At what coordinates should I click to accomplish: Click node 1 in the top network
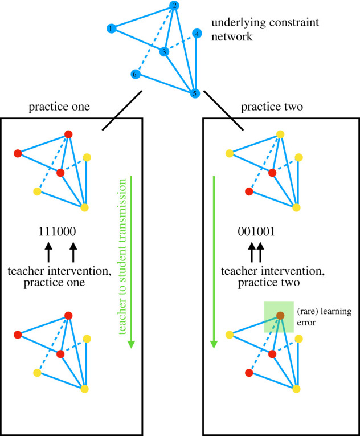pyautogui.click(x=112, y=28)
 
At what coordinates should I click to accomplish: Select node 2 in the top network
pyautogui.click(x=175, y=6)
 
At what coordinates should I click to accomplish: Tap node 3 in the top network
pyautogui.click(x=165, y=52)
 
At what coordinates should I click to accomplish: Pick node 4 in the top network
pyautogui.click(x=197, y=34)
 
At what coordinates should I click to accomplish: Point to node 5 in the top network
pyautogui.click(x=195, y=93)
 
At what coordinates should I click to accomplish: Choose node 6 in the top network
pyautogui.click(x=135, y=75)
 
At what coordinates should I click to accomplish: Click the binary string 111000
pyautogui.click(x=57, y=232)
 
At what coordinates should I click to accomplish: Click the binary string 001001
pyautogui.click(x=256, y=232)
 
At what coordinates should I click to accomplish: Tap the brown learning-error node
pyautogui.click(x=280, y=315)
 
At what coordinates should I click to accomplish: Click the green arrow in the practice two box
pyautogui.click(x=214, y=262)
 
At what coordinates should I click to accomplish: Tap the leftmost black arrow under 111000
pyautogui.click(x=49, y=251)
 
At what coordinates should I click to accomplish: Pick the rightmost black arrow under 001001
pyautogui.click(x=261, y=251)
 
